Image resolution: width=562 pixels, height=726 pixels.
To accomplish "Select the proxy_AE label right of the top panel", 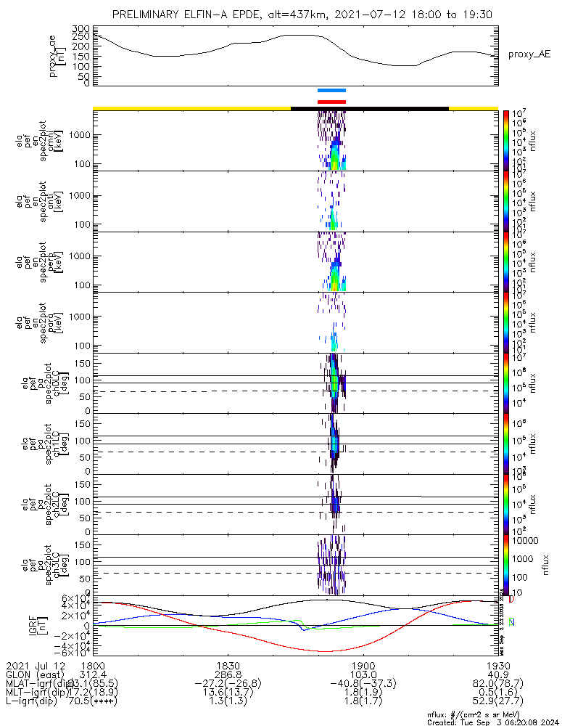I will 529,54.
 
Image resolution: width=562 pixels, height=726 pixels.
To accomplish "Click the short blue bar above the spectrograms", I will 332,91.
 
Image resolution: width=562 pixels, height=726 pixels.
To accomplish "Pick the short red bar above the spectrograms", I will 332,102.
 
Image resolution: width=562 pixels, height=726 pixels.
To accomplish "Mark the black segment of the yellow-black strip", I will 370,108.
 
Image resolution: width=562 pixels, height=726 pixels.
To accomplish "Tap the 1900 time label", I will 362,665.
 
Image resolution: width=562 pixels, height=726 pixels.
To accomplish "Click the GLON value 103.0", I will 362,674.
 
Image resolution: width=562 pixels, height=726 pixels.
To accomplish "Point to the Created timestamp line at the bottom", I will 493,722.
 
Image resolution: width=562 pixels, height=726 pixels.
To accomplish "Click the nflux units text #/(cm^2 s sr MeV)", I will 504,714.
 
